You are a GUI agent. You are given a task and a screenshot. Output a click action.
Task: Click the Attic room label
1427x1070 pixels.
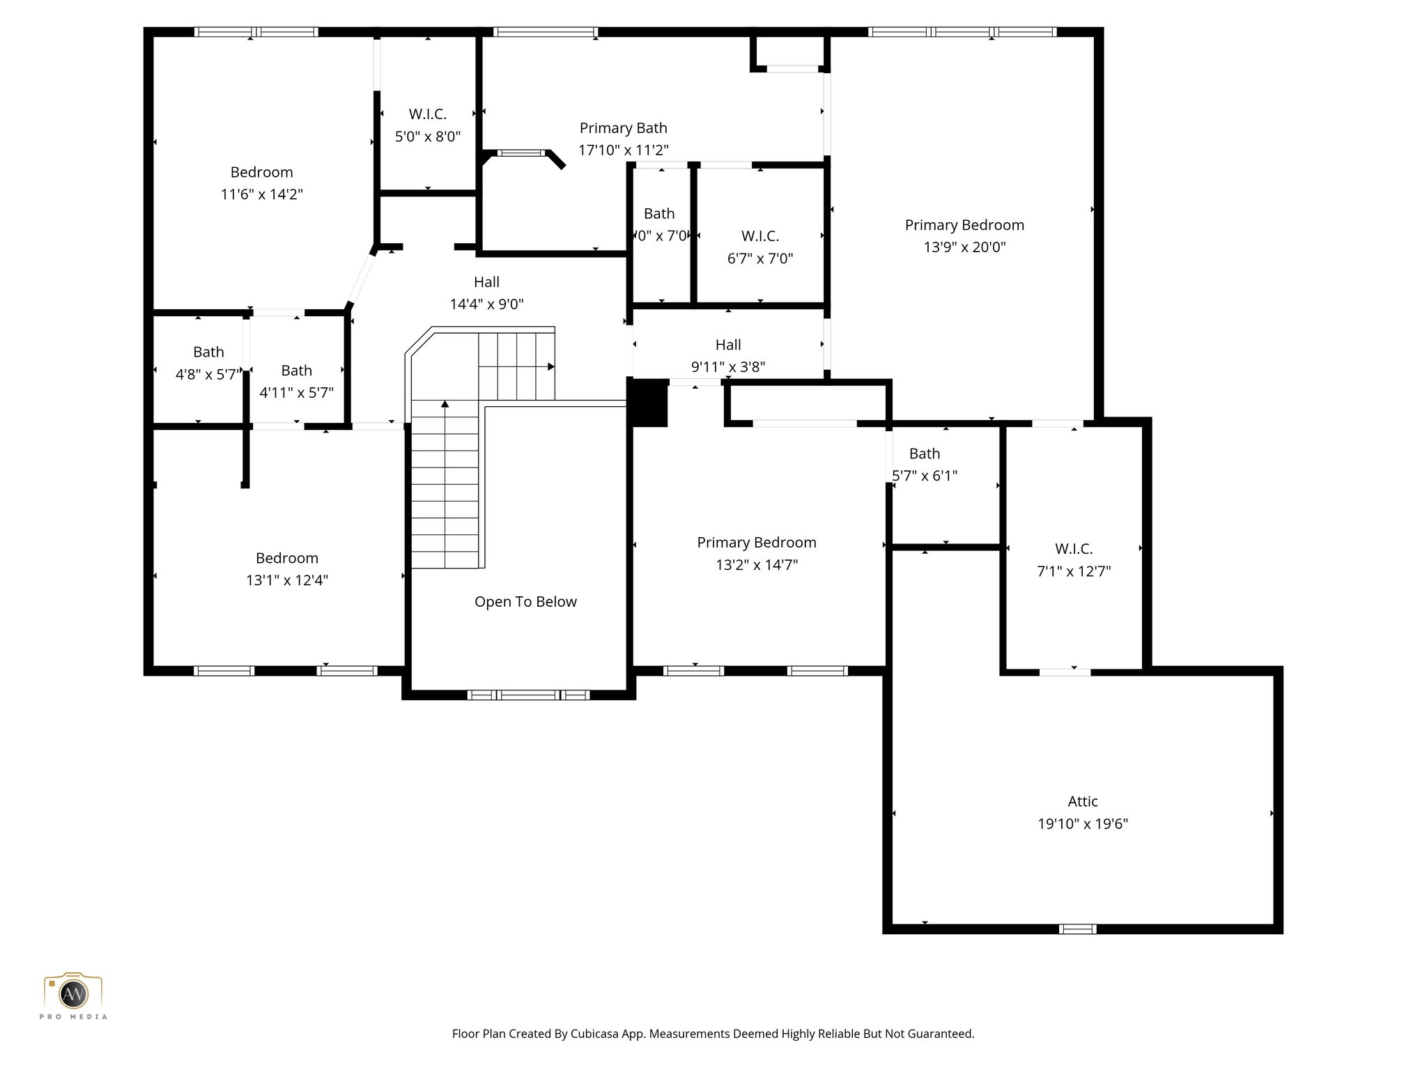coord(1082,801)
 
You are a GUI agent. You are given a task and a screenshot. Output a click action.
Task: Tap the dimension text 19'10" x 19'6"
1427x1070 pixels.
coord(1082,823)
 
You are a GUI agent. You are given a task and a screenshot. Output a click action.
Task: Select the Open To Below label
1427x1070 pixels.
coord(525,602)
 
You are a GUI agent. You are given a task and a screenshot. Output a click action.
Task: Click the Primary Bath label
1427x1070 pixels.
coord(623,128)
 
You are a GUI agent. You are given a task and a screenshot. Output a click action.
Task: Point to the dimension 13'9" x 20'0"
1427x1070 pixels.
coord(964,247)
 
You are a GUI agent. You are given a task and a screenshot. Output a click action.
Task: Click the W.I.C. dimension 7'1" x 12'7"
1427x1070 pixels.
coord(1073,571)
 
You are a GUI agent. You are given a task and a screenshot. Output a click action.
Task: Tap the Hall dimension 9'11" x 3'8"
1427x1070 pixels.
coord(727,366)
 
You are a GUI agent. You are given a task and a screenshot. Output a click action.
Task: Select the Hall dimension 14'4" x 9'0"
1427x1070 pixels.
coord(486,304)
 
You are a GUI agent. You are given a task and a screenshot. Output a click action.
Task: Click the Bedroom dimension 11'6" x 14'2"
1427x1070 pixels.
coord(261,194)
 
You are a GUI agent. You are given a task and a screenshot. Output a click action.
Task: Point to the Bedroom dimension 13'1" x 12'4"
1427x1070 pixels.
coord(286,580)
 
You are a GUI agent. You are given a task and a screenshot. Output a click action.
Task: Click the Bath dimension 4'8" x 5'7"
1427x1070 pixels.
coord(207,374)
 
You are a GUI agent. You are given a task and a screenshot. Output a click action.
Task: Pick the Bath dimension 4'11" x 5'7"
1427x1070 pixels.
coord(296,392)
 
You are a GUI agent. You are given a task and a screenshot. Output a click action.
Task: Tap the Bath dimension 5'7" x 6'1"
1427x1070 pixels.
coord(925,476)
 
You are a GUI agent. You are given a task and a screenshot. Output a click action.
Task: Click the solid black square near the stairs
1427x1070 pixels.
coord(648,403)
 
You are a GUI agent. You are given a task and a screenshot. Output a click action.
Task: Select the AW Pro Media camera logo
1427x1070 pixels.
coord(73,994)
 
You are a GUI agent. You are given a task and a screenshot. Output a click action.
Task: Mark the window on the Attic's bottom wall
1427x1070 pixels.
coord(1077,929)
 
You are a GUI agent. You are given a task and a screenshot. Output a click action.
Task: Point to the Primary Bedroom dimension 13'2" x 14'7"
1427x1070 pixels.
coord(756,565)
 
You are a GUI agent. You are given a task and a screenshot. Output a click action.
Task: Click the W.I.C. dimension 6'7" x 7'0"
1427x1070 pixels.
coord(759,258)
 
